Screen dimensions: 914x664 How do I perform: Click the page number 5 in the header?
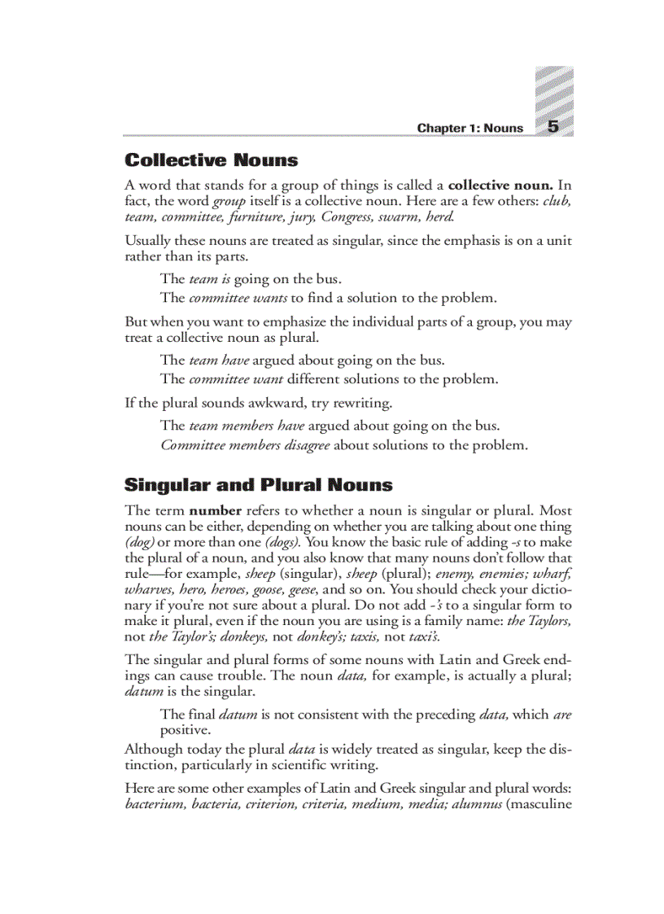pyautogui.click(x=553, y=127)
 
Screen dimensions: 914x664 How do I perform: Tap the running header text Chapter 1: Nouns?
pyautogui.click(x=470, y=129)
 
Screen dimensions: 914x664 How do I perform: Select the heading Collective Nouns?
pyautogui.click(x=211, y=160)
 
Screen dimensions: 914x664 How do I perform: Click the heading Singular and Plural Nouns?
pyautogui.click(x=258, y=485)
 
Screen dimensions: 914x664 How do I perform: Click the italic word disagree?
pyautogui.click(x=304, y=445)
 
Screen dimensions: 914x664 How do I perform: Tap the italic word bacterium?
pyautogui.click(x=155, y=805)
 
